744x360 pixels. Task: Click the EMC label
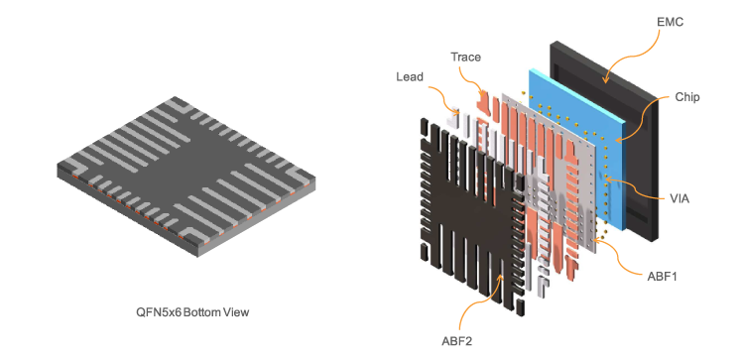(670, 22)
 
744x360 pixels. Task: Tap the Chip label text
(687, 97)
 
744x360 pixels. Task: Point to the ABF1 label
(662, 276)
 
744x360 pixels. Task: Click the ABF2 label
(457, 341)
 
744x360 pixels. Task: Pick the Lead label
(410, 76)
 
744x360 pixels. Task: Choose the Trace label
(465, 58)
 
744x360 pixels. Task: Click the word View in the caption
(237, 312)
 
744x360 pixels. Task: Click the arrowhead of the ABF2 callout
(500, 278)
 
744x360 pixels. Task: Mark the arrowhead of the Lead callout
(458, 113)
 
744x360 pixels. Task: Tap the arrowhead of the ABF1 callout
(593, 241)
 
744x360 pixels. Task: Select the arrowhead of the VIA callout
(607, 180)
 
